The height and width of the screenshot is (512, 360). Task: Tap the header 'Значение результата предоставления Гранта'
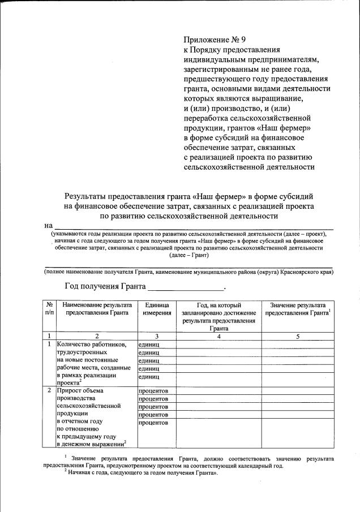298,308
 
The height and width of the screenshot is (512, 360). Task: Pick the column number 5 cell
298,335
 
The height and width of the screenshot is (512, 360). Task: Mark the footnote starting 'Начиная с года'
142,474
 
